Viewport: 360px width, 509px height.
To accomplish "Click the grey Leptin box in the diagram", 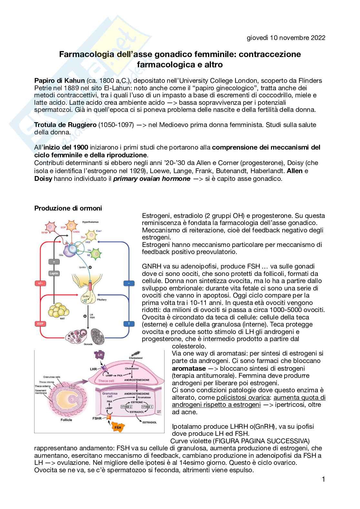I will point(54,273).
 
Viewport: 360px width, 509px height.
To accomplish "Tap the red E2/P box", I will point(41,323).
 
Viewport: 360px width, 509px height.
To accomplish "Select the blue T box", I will point(129,323).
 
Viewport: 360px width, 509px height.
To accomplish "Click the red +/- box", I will point(41,283).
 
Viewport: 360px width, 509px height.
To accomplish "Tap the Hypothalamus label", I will point(90,222).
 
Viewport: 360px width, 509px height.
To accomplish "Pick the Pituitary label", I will point(102,299).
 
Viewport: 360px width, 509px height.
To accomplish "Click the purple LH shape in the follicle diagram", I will point(100,355).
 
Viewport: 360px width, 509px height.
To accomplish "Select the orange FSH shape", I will point(118,427).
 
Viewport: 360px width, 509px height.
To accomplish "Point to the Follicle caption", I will point(66,420).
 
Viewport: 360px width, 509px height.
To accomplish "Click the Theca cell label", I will point(106,381).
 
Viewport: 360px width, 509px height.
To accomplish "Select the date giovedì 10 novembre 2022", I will point(286,38).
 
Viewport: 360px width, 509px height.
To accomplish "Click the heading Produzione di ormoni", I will point(68,208).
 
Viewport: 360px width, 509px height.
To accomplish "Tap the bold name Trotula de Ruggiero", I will point(65,125).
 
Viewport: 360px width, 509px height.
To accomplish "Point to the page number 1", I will point(323,479).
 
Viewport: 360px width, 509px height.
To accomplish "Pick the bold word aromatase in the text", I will point(189,368).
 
